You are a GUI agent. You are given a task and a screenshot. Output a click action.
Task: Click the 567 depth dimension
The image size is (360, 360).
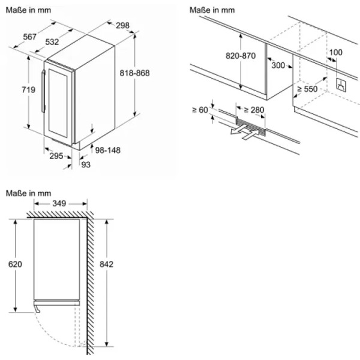(x=30, y=37)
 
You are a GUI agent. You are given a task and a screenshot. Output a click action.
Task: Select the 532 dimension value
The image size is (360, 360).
(x=52, y=42)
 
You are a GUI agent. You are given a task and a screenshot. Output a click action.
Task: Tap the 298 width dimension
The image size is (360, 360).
(x=122, y=25)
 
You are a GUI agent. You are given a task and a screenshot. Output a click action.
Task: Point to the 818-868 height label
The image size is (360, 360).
(x=134, y=73)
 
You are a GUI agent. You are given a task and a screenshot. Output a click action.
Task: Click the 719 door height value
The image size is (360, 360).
(x=28, y=89)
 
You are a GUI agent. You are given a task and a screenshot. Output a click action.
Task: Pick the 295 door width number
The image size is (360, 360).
(x=56, y=156)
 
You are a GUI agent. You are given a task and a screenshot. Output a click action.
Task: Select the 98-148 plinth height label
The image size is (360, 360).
(x=107, y=150)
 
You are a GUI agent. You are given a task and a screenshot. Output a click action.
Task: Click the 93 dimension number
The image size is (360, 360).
(x=86, y=164)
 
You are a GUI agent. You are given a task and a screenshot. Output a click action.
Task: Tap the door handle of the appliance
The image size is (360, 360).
(x=43, y=91)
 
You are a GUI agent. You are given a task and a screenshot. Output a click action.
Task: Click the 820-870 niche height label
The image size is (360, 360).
(x=241, y=56)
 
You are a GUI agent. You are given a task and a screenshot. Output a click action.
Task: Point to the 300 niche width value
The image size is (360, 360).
(x=278, y=65)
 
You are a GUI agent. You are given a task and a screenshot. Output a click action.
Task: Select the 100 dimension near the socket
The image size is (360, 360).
(x=335, y=52)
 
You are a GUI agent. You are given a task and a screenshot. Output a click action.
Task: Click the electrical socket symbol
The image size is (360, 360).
(x=341, y=85)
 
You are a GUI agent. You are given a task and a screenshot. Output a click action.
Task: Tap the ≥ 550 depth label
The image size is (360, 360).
(x=307, y=89)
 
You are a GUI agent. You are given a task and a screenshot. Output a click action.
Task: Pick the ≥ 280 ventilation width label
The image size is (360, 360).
(x=254, y=110)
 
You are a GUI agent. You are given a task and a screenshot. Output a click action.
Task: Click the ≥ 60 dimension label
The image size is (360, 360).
(x=200, y=110)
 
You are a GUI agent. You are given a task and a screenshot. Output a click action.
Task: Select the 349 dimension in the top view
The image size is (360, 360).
(x=59, y=203)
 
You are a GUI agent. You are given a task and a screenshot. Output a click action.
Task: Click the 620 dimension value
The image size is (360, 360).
(x=15, y=264)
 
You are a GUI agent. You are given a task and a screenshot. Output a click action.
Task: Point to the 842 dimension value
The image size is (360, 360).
(x=106, y=264)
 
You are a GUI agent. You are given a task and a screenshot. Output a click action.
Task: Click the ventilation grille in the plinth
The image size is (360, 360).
(x=251, y=127)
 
